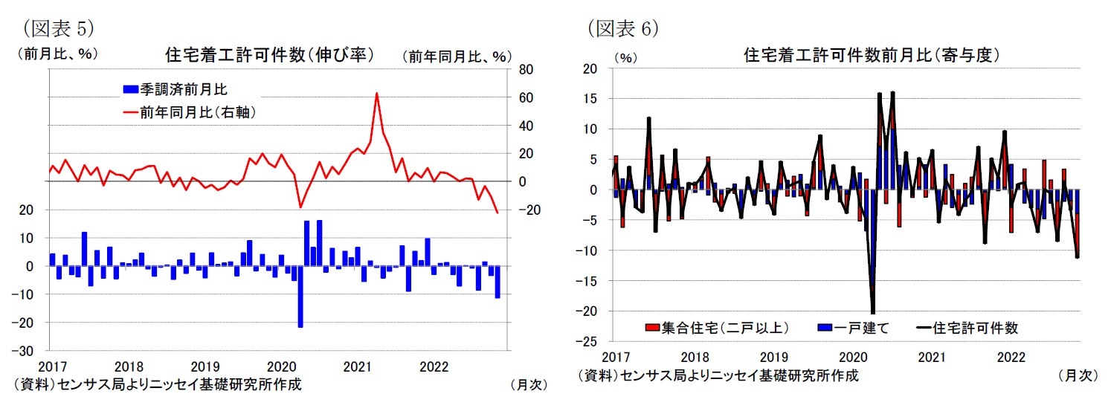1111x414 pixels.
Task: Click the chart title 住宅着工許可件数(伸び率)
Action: point(268,55)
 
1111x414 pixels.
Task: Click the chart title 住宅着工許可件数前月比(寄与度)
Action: point(871,55)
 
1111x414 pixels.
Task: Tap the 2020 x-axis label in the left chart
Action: point(280,366)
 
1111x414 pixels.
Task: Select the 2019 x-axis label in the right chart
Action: point(773,358)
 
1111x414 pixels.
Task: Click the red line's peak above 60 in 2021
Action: point(377,93)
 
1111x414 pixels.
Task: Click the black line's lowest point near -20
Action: point(872,313)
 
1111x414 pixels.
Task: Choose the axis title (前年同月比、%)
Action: point(457,56)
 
